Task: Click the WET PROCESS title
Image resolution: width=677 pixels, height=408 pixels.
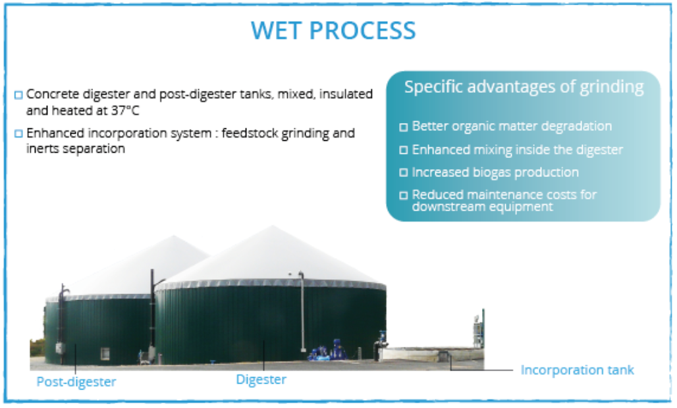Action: [x=333, y=30]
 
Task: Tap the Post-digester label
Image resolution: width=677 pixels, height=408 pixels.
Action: [x=76, y=382]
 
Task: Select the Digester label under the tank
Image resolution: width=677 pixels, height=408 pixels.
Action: [x=261, y=380]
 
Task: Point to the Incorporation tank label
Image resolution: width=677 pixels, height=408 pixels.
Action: [x=578, y=370]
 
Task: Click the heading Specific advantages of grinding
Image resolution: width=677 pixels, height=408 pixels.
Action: [x=524, y=87]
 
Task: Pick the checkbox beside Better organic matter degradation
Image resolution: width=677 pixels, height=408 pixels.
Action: [x=403, y=127]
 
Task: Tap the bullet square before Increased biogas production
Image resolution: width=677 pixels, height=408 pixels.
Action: [x=403, y=172]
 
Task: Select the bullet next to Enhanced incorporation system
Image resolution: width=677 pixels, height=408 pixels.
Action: [x=18, y=134]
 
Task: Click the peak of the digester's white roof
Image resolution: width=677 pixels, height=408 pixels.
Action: [x=272, y=226]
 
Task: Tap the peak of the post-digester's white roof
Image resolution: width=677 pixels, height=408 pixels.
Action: [x=174, y=236]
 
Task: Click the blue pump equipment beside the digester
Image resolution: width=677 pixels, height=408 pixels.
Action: [x=328, y=351]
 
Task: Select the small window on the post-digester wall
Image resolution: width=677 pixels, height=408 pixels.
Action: [x=105, y=353]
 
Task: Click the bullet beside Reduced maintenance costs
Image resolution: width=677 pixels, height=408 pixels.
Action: [x=403, y=195]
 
